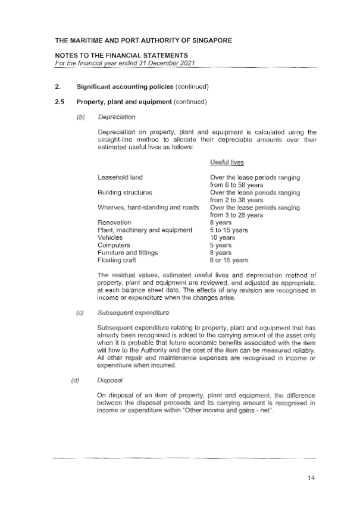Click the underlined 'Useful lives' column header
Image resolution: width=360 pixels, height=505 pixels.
pos(227,162)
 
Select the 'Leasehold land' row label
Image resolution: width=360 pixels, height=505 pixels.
pos(120,177)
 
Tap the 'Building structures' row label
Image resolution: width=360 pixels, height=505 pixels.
pos(125,192)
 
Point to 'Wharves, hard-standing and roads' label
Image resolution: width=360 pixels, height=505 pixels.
pos(148,207)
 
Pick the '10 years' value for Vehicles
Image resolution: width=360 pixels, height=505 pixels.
pos(223,237)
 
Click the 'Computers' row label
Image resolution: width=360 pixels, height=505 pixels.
pos(114,245)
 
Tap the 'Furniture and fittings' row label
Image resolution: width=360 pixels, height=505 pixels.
pos(128,252)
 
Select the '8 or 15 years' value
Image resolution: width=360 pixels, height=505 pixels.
pos(228,260)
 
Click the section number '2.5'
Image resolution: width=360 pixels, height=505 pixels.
pos(58,102)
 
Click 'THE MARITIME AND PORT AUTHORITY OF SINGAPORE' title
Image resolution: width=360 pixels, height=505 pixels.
pos(143,40)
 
